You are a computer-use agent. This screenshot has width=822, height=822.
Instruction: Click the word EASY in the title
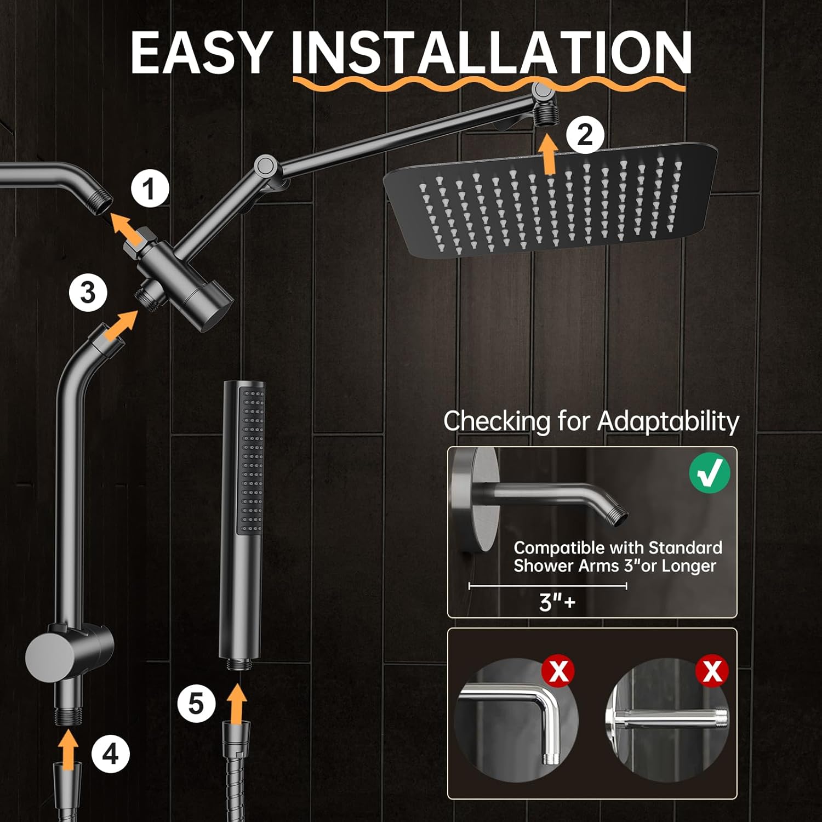202,52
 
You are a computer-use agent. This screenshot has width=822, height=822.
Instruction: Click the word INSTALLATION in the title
492,52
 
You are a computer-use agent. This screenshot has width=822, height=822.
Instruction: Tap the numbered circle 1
150,189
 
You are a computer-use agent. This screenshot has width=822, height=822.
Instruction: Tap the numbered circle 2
585,134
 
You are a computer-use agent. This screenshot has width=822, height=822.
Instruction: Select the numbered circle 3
88,293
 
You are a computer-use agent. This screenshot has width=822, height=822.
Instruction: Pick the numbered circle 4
111,754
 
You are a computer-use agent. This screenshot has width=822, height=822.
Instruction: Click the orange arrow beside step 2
549,155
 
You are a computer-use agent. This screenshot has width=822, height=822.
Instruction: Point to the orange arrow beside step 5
237,703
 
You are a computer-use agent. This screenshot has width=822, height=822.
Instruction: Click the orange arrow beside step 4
69,750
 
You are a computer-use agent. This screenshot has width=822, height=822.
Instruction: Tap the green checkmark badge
710,472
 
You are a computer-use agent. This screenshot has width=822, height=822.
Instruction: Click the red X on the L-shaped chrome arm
558,671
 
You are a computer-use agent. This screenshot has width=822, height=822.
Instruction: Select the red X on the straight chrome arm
712,671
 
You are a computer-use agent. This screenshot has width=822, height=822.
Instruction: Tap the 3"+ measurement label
557,602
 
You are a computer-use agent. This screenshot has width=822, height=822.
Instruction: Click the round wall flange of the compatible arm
475,499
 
